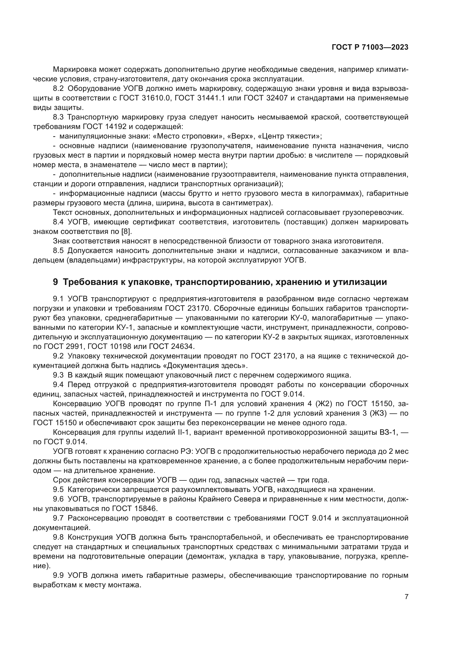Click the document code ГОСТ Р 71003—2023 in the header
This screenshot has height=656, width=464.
370,47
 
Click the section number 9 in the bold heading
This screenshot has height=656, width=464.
56,282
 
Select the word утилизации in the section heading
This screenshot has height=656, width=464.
360,282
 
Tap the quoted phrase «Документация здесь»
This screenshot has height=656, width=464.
207,366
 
